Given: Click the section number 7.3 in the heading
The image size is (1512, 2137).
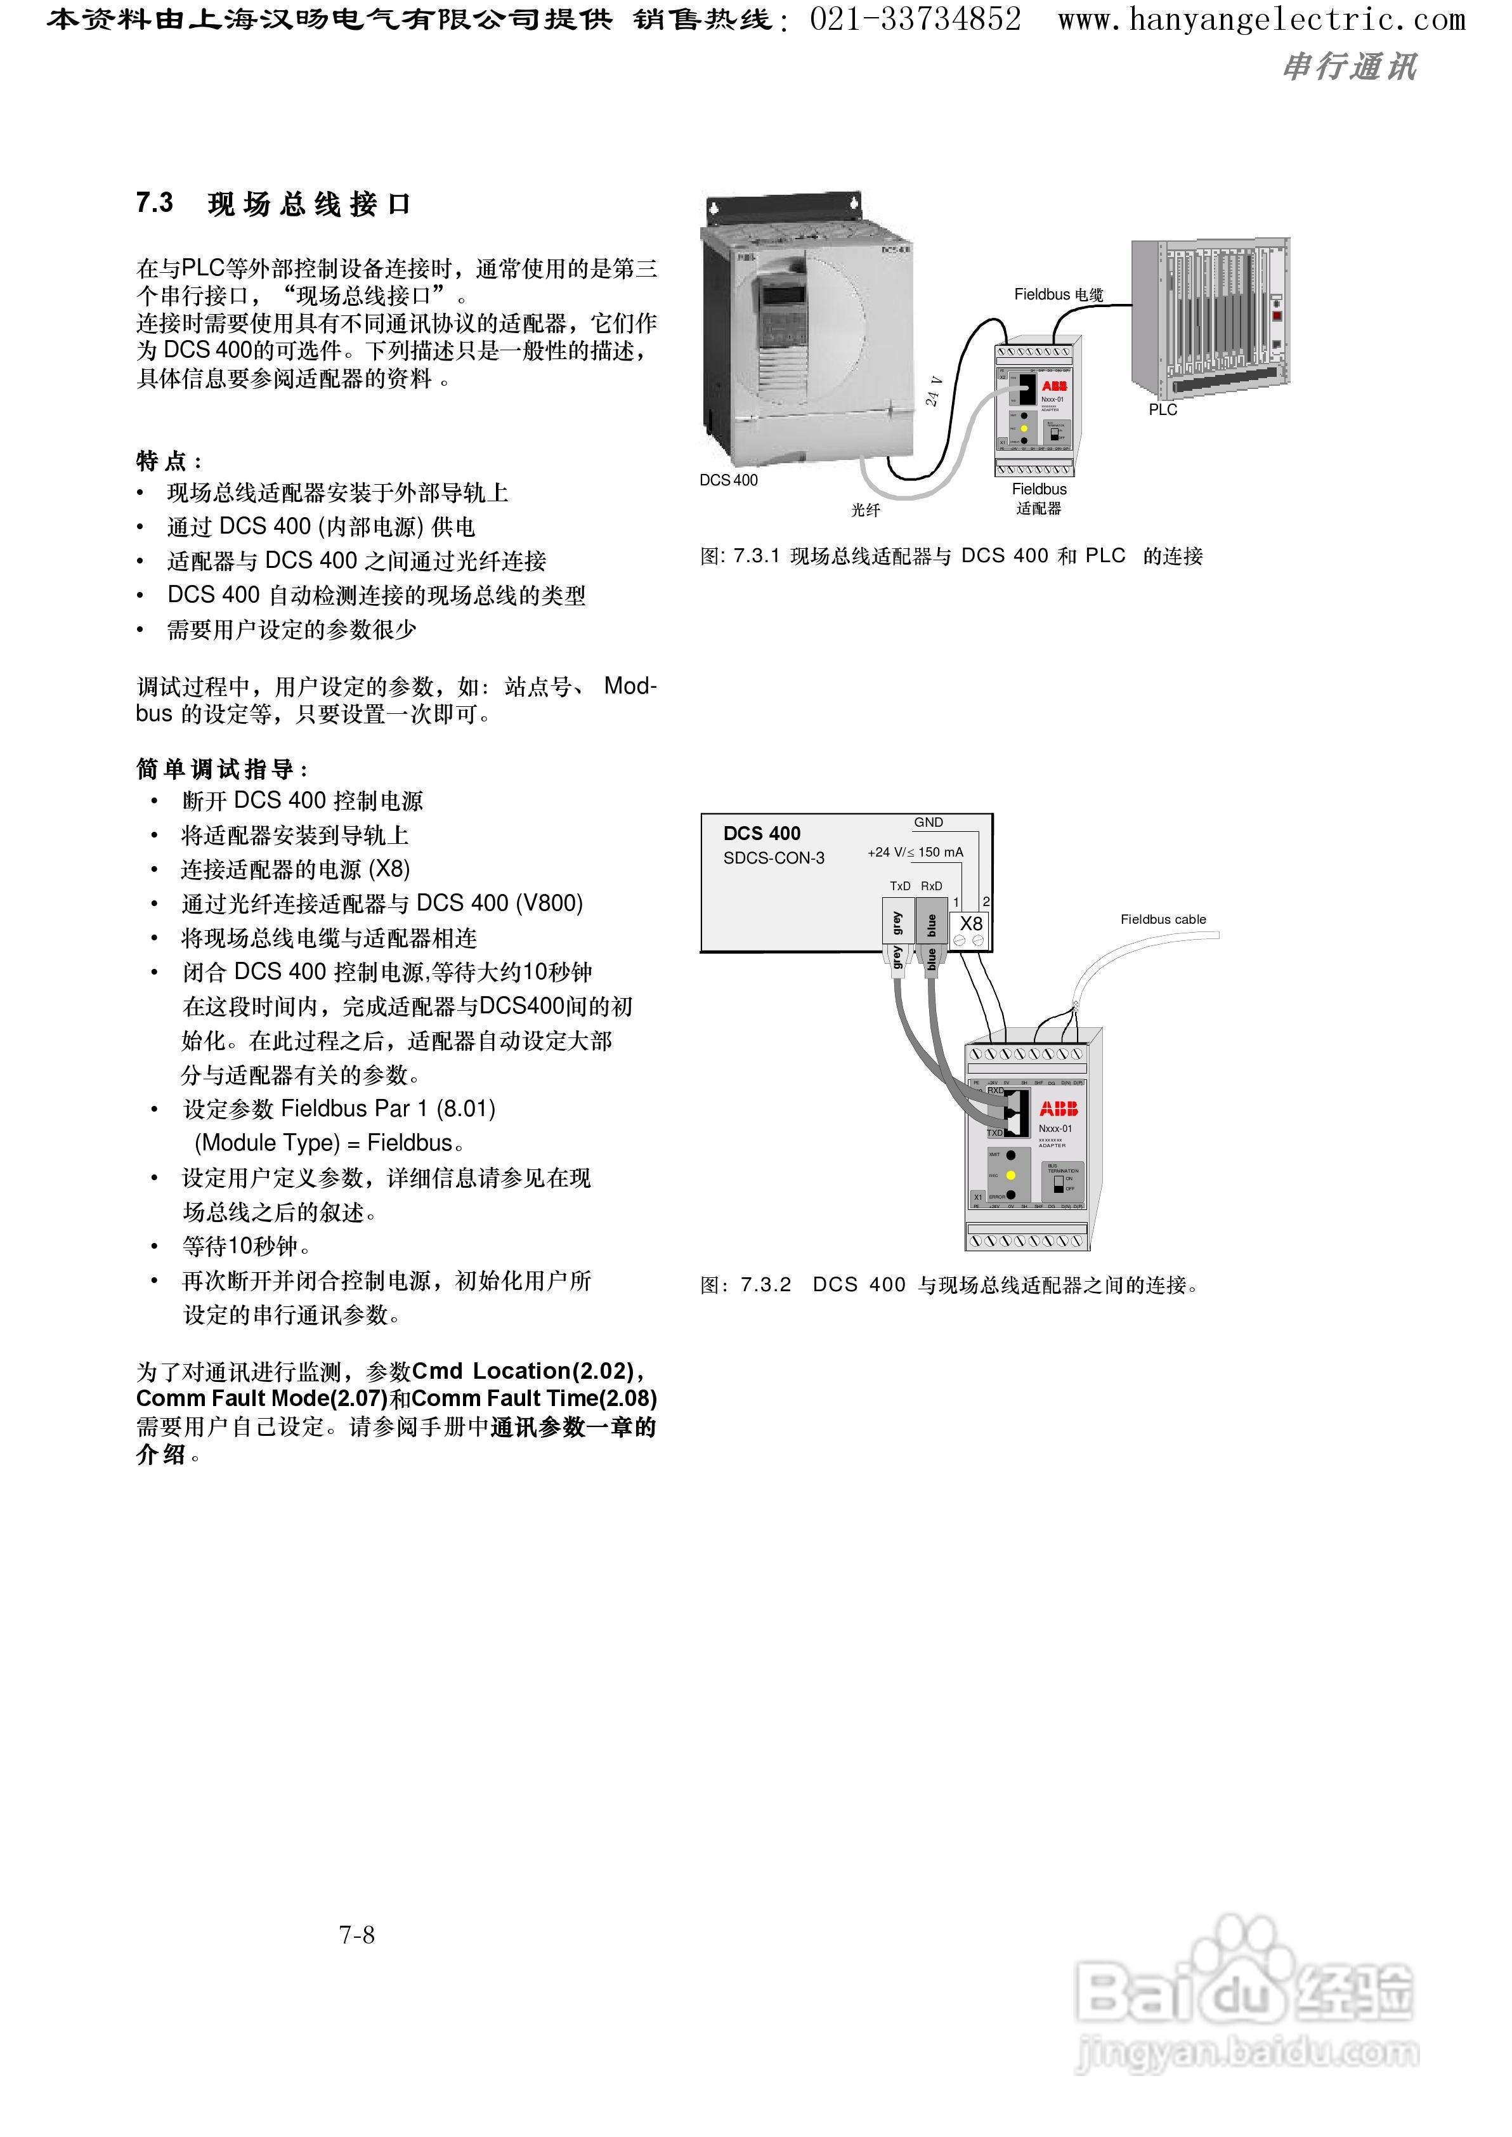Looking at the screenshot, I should (x=155, y=203).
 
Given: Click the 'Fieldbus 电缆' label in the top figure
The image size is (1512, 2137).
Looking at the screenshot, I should (x=1059, y=294).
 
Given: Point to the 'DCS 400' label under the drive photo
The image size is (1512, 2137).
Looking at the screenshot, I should (x=729, y=480).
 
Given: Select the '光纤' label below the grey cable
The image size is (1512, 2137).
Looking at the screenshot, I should (x=865, y=510).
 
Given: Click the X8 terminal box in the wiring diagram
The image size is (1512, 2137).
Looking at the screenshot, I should (x=971, y=924).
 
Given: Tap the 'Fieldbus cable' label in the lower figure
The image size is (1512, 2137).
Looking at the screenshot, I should (x=1163, y=919).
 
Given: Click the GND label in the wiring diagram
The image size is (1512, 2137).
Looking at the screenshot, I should (x=929, y=822).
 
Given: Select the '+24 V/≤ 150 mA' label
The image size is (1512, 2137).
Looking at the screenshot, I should (x=915, y=852).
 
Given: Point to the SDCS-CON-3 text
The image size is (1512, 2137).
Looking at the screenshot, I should (x=774, y=858).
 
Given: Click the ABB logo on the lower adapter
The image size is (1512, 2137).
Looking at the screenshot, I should (x=1059, y=1109).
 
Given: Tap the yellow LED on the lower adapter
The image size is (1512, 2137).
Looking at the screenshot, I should (x=1010, y=1175).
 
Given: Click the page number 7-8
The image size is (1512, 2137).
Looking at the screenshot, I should (x=356, y=1935).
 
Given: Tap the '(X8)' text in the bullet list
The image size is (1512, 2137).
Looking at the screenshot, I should (x=389, y=869).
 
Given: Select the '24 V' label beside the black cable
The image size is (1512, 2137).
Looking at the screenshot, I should (x=934, y=391).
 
